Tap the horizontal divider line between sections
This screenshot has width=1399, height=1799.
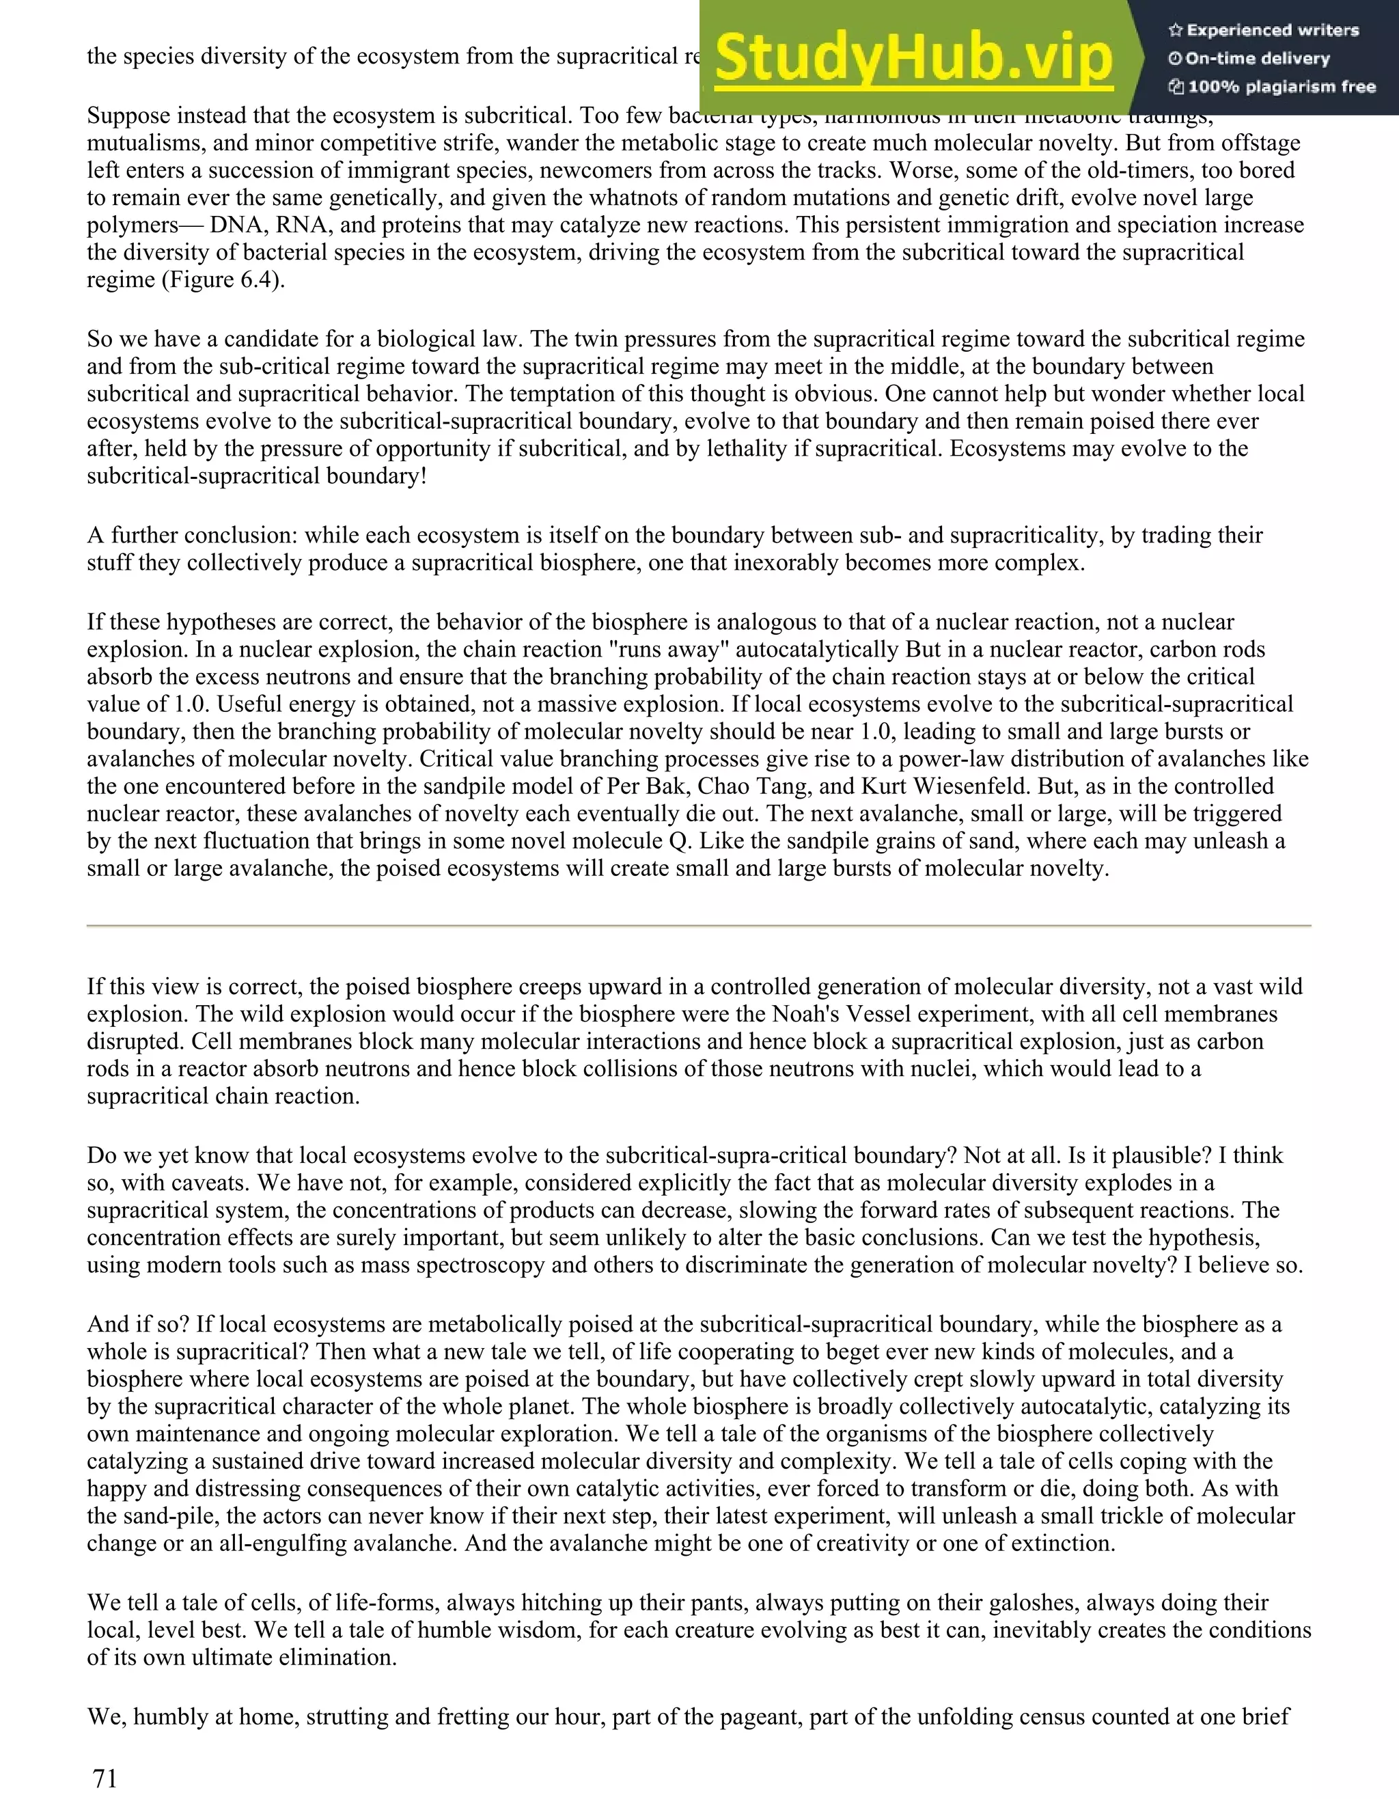tap(698, 926)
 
